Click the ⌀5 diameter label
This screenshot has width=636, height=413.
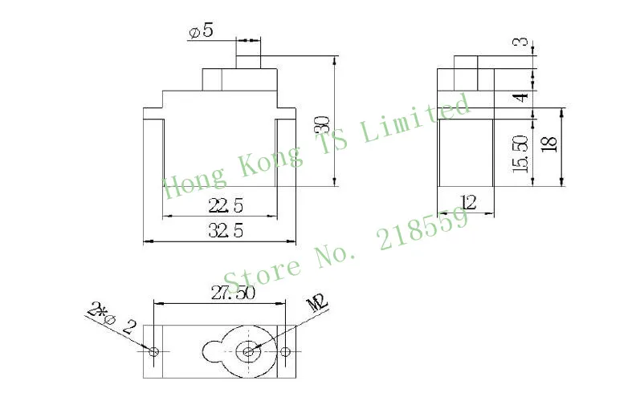(201, 31)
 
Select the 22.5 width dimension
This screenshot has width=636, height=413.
(226, 205)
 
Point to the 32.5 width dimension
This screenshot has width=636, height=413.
(226, 231)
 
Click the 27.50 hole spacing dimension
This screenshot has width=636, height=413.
(233, 293)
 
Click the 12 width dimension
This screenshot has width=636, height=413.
(468, 201)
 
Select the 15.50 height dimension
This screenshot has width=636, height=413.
(521, 154)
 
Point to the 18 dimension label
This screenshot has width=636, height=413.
(549, 144)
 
